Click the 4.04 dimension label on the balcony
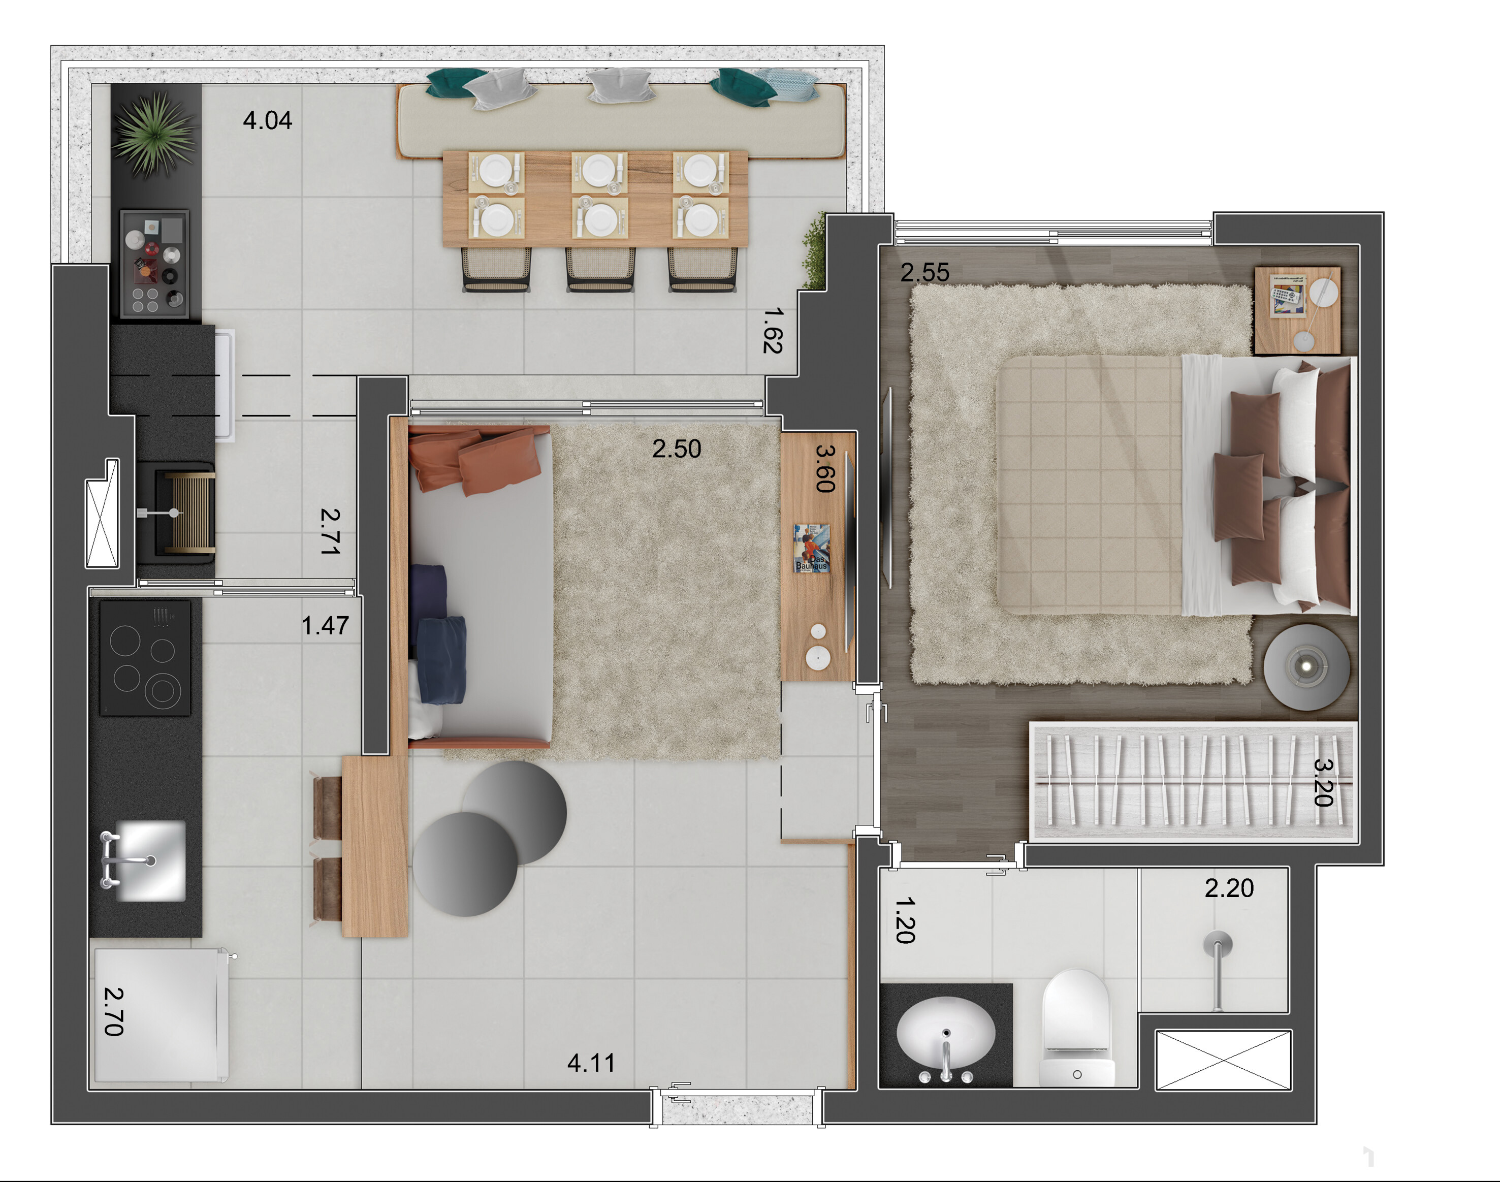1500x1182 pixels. pos(267,120)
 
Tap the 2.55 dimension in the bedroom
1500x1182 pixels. pos(924,273)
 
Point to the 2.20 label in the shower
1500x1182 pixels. pos(1229,888)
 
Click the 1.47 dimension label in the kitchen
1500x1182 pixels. pos(325,626)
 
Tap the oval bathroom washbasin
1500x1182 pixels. pos(946,1035)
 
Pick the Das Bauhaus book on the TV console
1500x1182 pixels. pos(812,548)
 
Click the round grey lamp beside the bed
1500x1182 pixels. pos(1306,667)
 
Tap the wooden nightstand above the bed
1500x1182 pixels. pos(1297,311)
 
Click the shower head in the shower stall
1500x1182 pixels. pos(1218,969)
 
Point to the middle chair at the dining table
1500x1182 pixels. pos(600,269)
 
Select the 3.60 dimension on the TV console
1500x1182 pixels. pos(825,468)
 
